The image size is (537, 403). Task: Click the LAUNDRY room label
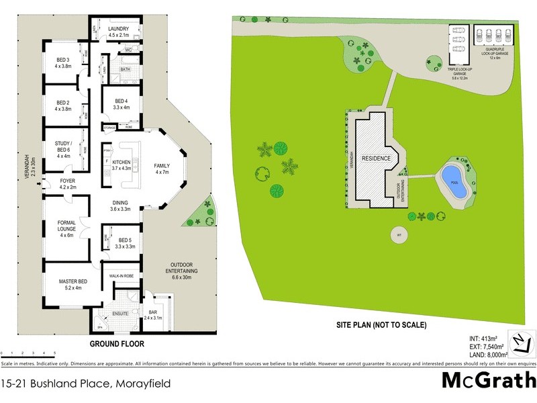124,29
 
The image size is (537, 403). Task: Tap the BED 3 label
63,62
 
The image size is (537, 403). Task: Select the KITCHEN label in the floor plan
121,163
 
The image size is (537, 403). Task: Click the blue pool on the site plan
453,182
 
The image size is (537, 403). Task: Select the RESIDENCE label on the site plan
376,159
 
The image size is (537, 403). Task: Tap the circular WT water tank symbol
398,236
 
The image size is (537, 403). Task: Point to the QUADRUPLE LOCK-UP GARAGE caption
495,52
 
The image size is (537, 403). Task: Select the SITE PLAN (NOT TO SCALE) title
381,325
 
